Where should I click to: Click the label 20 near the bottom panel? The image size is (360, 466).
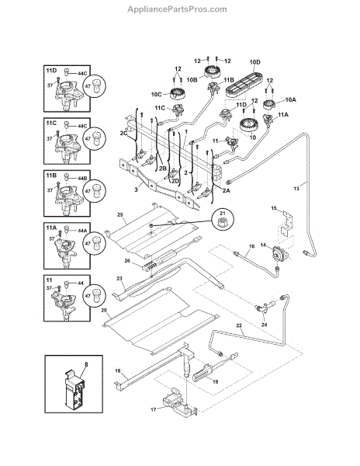click(x=103, y=309)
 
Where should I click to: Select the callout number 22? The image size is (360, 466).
click(x=239, y=326)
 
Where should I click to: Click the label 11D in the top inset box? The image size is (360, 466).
click(x=52, y=70)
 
